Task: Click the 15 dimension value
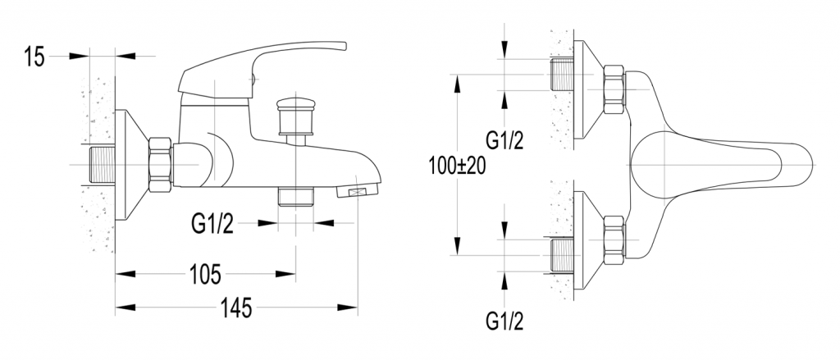[x=34, y=57]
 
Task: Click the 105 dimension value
[x=205, y=275]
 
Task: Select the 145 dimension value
[x=236, y=308]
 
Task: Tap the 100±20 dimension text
[x=457, y=166]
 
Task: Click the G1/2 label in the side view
[x=212, y=224]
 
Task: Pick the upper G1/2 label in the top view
[x=504, y=140]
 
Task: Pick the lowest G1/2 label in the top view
[x=504, y=321]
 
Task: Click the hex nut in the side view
[x=160, y=165]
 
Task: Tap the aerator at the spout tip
[x=358, y=191]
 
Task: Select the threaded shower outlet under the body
[x=295, y=196]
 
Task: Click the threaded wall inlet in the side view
[x=103, y=164]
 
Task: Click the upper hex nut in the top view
[x=614, y=89]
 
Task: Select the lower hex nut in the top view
[x=614, y=240]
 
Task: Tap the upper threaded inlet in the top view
[x=563, y=75]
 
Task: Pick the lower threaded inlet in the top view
[x=563, y=256]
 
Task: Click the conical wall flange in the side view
[x=132, y=165]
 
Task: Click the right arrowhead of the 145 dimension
[x=347, y=308]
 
